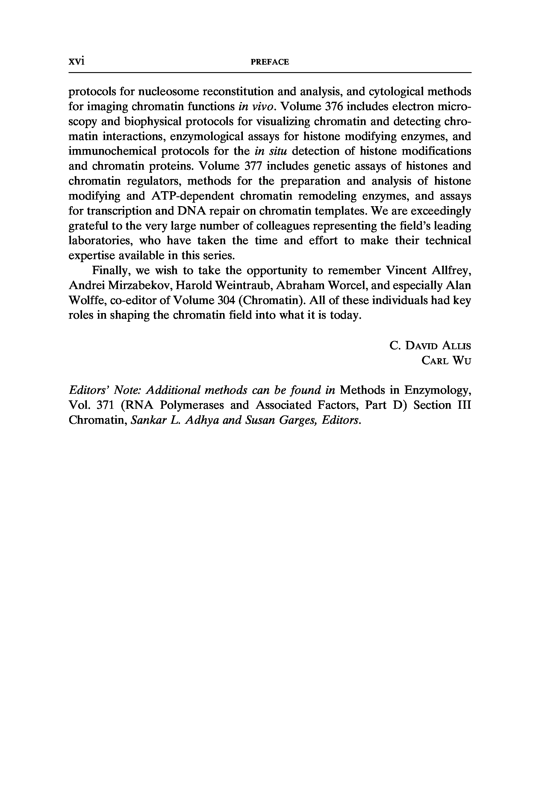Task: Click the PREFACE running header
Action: (270, 62)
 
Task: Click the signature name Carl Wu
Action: (446, 360)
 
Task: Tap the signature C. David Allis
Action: (430, 345)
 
